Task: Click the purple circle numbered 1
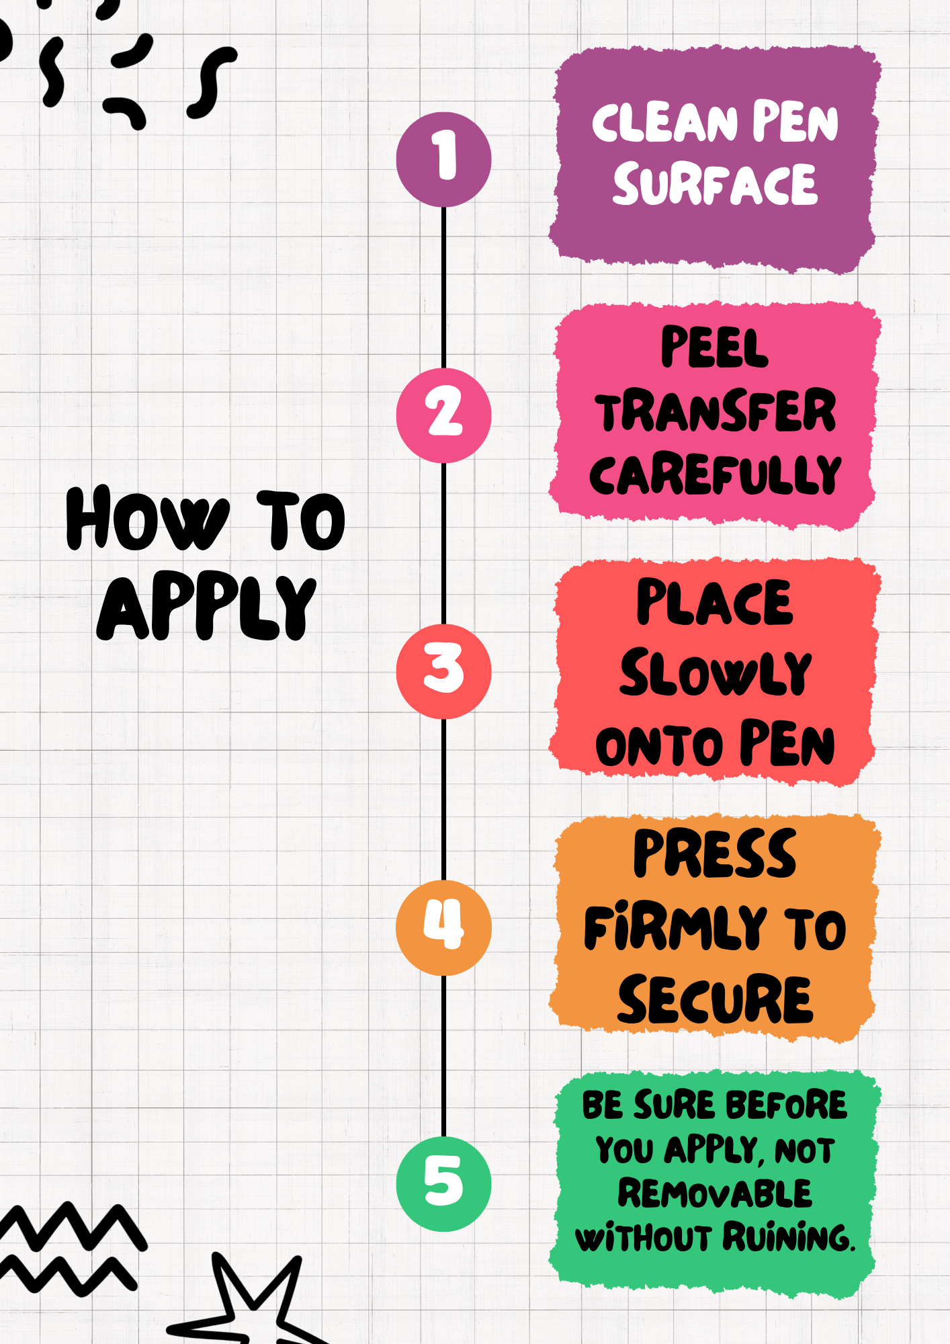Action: [x=443, y=159]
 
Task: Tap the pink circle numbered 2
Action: [x=443, y=415]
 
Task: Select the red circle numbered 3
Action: [x=443, y=671]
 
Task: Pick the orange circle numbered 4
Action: [x=443, y=927]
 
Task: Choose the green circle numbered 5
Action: [x=443, y=1183]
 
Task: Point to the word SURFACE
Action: [x=715, y=185]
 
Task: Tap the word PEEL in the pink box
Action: [x=714, y=347]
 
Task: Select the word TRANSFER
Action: [x=715, y=411]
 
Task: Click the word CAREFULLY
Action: [x=715, y=474]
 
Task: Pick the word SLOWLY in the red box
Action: [x=715, y=673]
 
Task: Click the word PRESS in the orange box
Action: [x=715, y=853]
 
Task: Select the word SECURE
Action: [x=715, y=1000]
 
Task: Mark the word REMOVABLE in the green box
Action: [x=715, y=1194]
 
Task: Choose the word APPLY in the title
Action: [x=206, y=608]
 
